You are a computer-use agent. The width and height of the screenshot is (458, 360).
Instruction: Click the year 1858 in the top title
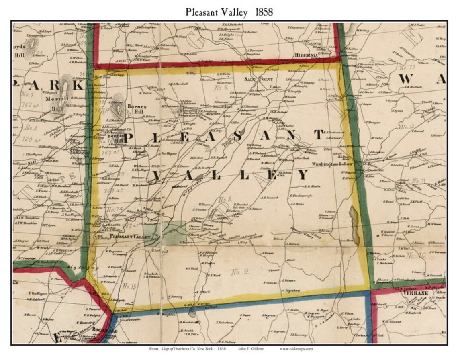point(264,12)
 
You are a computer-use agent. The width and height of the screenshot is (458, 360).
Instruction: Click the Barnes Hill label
point(136,109)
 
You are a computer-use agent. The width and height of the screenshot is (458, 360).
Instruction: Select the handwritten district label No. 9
point(240,272)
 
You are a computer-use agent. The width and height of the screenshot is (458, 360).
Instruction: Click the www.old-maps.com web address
point(296,349)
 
